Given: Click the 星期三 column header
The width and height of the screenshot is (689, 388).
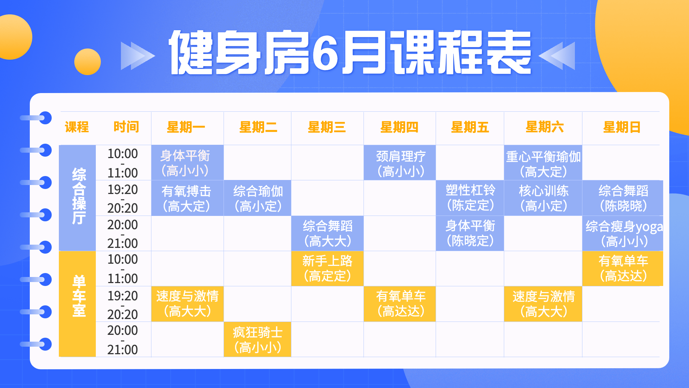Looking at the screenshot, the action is coord(327,127).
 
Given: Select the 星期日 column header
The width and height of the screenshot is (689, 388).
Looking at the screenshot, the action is coord(622,127).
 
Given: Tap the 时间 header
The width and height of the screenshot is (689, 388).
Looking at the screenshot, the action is coord(126,127).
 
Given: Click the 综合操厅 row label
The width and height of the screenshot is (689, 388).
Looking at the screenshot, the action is coord(79,196).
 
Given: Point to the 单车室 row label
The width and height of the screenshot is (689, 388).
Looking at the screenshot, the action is coord(79,296).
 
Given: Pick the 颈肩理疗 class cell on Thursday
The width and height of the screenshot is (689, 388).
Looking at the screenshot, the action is coord(400,163).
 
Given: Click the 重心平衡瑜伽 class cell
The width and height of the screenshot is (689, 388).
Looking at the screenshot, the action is coord(543,163).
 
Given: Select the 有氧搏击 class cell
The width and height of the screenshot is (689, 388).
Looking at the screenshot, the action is coord(187,198).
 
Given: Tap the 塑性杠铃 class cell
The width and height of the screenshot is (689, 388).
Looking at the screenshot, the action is coord(470,198).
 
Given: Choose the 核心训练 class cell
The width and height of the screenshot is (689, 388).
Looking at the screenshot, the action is coord(543,198).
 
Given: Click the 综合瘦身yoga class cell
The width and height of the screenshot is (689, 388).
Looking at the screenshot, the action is coord(623,233).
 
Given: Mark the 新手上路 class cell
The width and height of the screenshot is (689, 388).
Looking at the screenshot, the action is coord(327,268).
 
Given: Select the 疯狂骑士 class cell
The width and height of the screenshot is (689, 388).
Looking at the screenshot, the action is coord(257,339).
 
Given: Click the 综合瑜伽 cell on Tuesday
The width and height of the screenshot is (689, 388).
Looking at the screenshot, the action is coord(257,198).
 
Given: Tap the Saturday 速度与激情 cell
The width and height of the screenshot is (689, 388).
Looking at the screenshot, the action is coord(543,304).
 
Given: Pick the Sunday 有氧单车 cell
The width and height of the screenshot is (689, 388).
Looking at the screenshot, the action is coord(623,268).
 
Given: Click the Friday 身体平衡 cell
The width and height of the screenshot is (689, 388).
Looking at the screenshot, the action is coord(470,233).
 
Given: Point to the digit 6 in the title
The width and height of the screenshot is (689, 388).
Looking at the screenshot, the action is coord(325,53).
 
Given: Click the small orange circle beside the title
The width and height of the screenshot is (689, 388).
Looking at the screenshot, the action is coord(88,62).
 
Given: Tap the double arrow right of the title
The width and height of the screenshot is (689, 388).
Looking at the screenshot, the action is coord(557,56).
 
